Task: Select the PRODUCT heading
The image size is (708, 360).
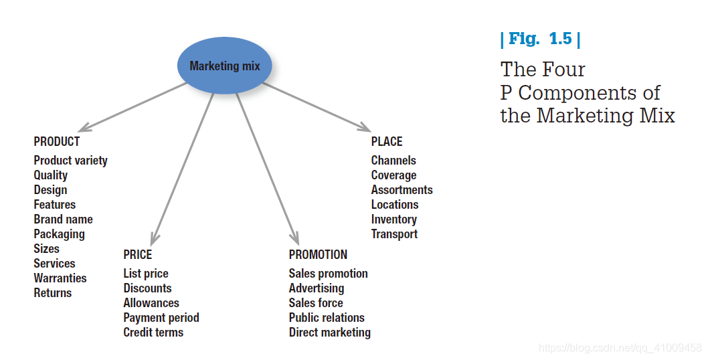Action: pyautogui.click(x=57, y=141)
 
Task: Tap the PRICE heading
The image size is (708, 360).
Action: pyautogui.click(x=137, y=254)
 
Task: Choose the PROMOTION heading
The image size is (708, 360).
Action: pyautogui.click(x=318, y=254)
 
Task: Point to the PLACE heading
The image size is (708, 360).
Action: pyautogui.click(x=387, y=141)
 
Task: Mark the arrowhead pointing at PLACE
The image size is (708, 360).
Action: pyautogui.click(x=365, y=128)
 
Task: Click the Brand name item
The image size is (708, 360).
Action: pyautogui.click(x=63, y=219)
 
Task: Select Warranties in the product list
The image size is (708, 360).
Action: pyautogui.click(x=60, y=278)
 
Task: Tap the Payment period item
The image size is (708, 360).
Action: pyautogui.click(x=161, y=318)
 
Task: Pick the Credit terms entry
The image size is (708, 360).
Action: pyautogui.click(x=153, y=333)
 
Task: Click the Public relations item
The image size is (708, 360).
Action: pyautogui.click(x=327, y=318)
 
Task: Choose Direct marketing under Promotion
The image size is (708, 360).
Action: pyautogui.click(x=329, y=333)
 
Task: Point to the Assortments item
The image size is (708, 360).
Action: pyautogui.click(x=402, y=190)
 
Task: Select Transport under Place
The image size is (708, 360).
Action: pyautogui.click(x=394, y=234)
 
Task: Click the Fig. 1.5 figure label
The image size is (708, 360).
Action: pyautogui.click(x=540, y=39)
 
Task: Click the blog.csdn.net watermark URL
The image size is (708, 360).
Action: pyautogui.click(x=620, y=348)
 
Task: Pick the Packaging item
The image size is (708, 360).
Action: pyautogui.click(x=59, y=234)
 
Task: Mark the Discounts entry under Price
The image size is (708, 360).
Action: pyautogui.click(x=147, y=288)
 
